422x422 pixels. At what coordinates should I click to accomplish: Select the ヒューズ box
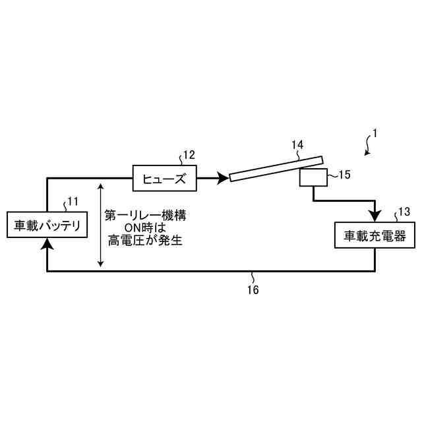pos(160,178)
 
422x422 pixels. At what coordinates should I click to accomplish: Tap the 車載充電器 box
pos(375,235)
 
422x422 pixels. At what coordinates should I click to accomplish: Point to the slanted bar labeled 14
pos(276,168)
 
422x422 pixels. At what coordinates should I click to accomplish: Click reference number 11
pos(73,202)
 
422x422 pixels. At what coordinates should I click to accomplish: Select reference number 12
pos(189,156)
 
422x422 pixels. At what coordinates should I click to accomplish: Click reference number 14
pos(297,144)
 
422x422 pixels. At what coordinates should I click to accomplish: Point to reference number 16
pos(253,289)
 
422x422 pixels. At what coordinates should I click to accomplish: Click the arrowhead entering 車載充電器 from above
pos(375,217)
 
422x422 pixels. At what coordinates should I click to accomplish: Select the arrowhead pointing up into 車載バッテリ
pos(47,245)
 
